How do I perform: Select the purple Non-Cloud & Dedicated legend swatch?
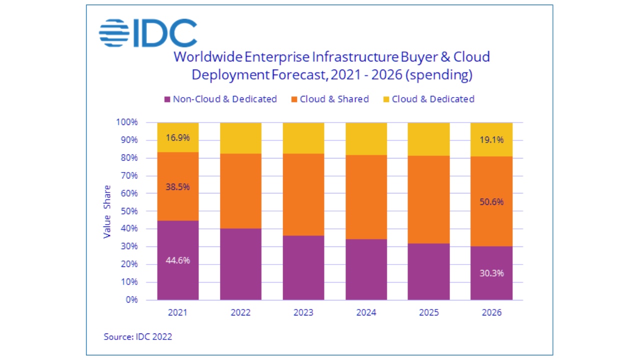click(x=167, y=99)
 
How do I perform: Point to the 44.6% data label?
click(x=177, y=260)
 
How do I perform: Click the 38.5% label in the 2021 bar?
click(x=177, y=186)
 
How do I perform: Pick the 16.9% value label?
click(x=177, y=138)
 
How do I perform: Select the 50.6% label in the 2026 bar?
click(x=491, y=202)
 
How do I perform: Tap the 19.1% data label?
click(x=491, y=140)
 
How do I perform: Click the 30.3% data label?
click(x=491, y=273)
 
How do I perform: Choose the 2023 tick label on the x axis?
click(x=303, y=313)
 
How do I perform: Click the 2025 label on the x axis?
click(x=429, y=313)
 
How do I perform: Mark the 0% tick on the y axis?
click(x=131, y=300)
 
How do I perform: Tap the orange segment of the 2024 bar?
click(x=366, y=197)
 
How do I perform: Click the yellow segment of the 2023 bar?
click(x=303, y=138)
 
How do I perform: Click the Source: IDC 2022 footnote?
click(x=138, y=336)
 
